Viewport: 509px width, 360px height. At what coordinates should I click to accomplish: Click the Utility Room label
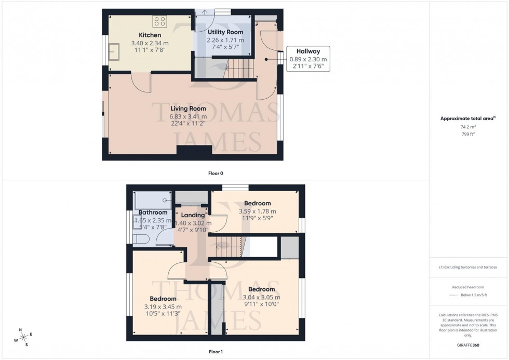(x=218, y=32)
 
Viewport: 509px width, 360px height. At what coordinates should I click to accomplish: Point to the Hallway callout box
(x=308, y=59)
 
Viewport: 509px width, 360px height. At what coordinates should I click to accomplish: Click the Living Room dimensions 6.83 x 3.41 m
(x=189, y=116)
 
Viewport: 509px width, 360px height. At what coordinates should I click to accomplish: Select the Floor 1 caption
(x=215, y=352)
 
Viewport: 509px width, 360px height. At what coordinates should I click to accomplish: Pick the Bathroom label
(x=153, y=212)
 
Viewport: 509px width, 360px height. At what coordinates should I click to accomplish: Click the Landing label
(x=192, y=215)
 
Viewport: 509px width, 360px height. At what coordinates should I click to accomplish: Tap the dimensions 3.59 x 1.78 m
(x=257, y=211)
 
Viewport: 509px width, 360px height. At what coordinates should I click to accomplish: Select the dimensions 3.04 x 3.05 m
(x=261, y=297)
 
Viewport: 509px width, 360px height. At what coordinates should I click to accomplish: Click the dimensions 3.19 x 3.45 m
(x=163, y=307)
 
